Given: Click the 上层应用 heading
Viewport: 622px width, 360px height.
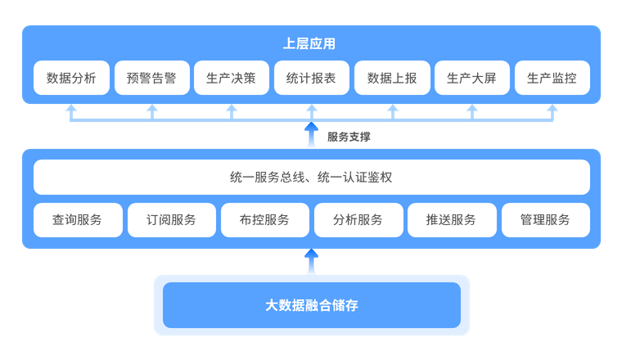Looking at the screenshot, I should click(309, 43).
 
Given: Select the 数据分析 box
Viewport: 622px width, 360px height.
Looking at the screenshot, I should click(71, 79).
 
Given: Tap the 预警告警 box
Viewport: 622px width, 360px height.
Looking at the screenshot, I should click(151, 79).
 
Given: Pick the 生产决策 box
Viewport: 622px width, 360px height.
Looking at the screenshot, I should click(232, 79).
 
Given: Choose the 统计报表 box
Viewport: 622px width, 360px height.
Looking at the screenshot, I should click(311, 79).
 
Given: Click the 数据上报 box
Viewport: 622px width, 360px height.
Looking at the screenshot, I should click(391, 79).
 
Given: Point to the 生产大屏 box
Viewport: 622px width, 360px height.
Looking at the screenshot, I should click(471, 79).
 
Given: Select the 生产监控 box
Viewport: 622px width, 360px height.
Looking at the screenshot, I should click(552, 79).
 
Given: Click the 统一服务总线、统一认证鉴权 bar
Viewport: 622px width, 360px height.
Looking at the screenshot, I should click(311, 177).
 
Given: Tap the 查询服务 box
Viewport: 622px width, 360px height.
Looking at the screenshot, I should click(78, 219).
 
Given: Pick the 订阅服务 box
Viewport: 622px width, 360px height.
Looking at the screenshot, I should click(171, 219).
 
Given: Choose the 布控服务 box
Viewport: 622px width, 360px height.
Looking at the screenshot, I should click(264, 219).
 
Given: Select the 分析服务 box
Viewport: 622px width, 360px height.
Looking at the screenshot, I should click(358, 219).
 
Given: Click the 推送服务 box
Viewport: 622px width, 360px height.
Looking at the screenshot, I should click(452, 219).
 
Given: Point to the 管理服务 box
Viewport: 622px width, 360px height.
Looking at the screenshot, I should click(545, 219).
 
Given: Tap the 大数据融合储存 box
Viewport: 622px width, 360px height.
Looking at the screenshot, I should click(311, 305).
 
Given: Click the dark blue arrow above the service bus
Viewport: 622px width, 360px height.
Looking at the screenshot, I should click(311, 133).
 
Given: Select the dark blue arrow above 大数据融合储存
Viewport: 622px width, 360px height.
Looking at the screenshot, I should click(311, 259).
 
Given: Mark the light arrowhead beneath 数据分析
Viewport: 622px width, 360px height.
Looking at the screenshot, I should click(71, 109).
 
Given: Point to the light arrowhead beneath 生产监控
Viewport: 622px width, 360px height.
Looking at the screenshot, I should click(552, 109).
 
